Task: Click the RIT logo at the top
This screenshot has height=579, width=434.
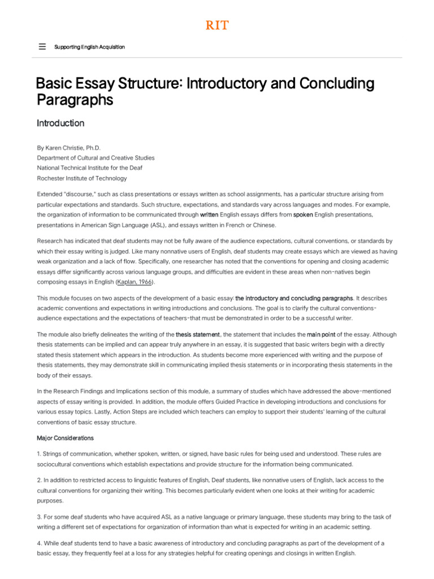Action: [x=216, y=25]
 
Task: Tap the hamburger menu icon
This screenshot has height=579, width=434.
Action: [x=42, y=47]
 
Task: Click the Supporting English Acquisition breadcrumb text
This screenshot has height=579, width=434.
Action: [x=89, y=47]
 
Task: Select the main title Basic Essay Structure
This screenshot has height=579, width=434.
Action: [x=205, y=92]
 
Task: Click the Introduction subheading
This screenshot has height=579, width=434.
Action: [x=60, y=123]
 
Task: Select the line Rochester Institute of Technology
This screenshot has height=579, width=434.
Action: [x=82, y=178]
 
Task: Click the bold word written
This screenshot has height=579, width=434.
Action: [x=209, y=215]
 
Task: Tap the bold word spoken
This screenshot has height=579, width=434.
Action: [x=303, y=215]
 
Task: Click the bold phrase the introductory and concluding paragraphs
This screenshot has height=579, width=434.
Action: [x=294, y=298]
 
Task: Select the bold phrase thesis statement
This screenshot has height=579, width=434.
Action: [x=198, y=335]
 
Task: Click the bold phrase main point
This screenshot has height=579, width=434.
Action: [x=322, y=335]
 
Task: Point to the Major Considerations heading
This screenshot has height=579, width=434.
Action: [x=66, y=438]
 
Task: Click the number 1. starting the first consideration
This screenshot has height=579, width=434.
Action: [x=39, y=454]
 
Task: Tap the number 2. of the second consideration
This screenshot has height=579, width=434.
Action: [x=40, y=480]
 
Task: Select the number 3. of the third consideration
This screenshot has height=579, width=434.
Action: [x=40, y=517]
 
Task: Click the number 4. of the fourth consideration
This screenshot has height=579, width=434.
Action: [x=40, y=543]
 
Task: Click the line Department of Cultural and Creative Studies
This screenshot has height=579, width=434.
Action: [x=96, y=158]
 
